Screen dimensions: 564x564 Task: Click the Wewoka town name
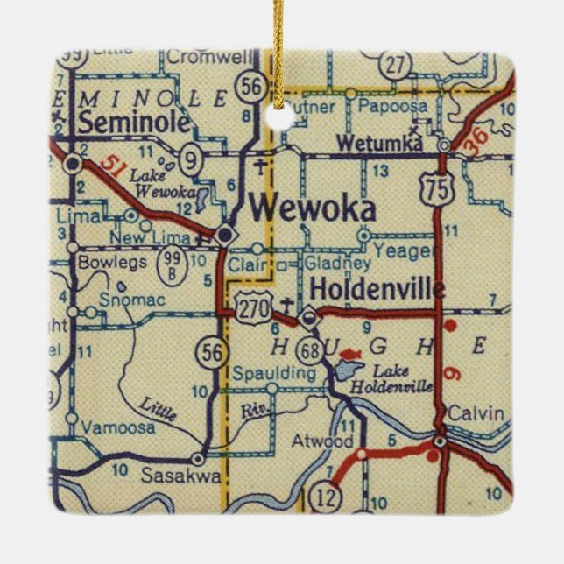[313, 208]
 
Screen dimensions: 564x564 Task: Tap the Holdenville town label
[377, 288]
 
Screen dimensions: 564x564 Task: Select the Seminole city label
[134, 123]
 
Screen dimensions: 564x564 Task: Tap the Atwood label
[323, 441]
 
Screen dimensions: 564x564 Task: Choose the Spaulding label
[273, 373]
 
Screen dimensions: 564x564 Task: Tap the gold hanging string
[279, 53]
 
